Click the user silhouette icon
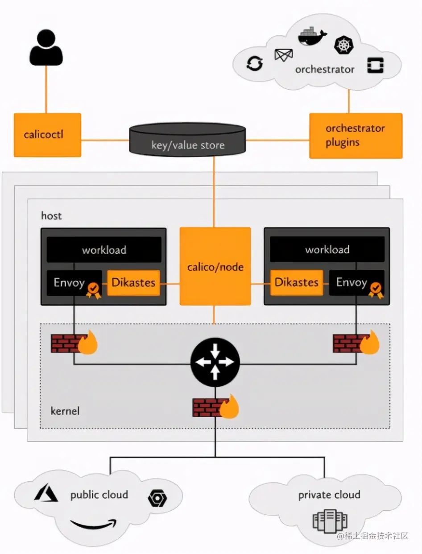pos(46,49)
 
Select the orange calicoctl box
pos(47,135)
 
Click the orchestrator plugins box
pos(356,136)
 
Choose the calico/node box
pos(215,267)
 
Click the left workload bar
pos(104,250)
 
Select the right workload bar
pos(327,250)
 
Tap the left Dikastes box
pos(133,282)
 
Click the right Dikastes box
pos(297,282)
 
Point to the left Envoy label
pos(70,282)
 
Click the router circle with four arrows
pos(215,363)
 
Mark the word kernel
pos(65,410)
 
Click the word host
pos(51,216)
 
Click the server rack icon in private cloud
pos(330,521)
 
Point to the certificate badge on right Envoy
pos(375,289)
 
